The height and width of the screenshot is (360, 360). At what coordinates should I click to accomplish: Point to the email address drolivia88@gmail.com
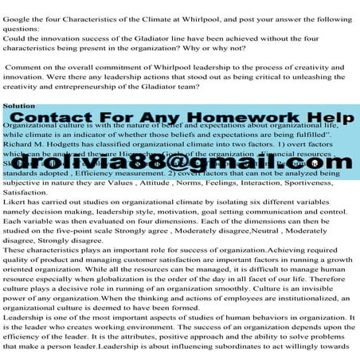[180, 163]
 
